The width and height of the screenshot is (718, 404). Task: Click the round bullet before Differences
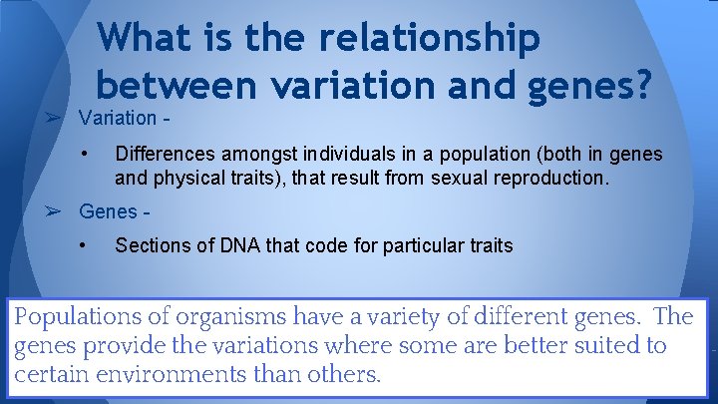point(88,154)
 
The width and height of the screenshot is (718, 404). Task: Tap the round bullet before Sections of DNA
point(88,244)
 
